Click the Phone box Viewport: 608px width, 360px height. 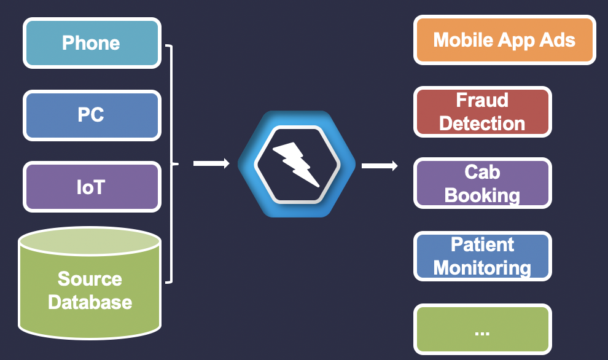coord(92,43)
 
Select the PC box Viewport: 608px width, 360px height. coord(92,115)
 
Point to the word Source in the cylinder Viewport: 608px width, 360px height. coord(90,279)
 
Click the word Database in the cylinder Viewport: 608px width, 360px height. coord(90,302)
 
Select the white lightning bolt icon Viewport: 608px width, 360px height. coord(297,164)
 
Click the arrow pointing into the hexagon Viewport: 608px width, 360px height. coord(211,163)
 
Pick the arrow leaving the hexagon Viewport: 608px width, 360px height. coord(379,165)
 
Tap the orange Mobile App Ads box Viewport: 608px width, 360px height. coord(504,41)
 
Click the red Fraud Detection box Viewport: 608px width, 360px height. coord(482,112)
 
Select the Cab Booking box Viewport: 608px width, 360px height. coord(482,184)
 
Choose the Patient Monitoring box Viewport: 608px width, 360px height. coord(482,256)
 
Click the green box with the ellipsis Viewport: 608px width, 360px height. coord(482,329)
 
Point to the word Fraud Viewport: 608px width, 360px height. coord(482,100)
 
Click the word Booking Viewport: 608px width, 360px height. coord(482,195)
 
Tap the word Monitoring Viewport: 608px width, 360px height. coord(482,268)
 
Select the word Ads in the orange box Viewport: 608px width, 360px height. coord(558,41)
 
